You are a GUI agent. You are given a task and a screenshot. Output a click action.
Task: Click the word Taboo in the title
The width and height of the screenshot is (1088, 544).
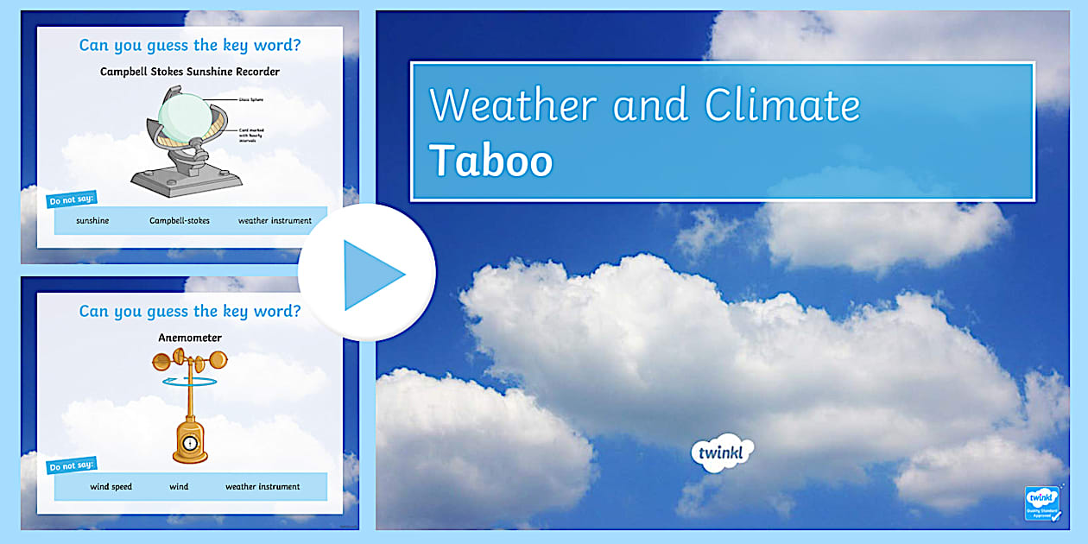[x=490, y=161]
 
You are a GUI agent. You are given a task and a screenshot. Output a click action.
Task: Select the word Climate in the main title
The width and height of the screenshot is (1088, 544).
[x=782, y=105]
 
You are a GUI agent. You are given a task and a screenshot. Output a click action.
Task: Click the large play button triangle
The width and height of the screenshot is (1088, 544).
[x=371, y=275]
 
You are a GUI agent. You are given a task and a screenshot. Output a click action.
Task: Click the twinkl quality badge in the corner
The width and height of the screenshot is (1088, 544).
[x=1043, y=503]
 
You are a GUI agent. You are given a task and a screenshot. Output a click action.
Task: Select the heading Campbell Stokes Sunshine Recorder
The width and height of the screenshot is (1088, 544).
[x=190, y=72]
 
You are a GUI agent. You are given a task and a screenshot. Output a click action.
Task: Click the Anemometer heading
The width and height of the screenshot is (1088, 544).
[x=190, y=338]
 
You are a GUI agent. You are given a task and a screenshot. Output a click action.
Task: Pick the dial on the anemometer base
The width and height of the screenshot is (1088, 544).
[x=189, y=443]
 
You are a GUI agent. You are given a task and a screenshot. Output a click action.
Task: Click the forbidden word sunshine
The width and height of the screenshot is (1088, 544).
[x=92, y=221]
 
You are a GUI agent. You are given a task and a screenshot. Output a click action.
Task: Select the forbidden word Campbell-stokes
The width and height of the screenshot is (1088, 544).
[x=180, y=221]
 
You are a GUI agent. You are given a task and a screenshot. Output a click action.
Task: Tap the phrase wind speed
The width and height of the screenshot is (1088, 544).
[x=111, y=487]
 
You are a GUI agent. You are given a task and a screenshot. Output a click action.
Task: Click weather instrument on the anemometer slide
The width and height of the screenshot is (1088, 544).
[x=263, y=487]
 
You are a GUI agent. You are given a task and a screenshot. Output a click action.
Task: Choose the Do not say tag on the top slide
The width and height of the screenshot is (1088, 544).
[x=70, y=201]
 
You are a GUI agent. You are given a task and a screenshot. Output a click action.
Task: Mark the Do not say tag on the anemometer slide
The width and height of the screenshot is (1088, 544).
[x=70, y=467]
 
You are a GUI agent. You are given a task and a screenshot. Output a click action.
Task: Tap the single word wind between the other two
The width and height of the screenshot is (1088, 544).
[x=179, y=487]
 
